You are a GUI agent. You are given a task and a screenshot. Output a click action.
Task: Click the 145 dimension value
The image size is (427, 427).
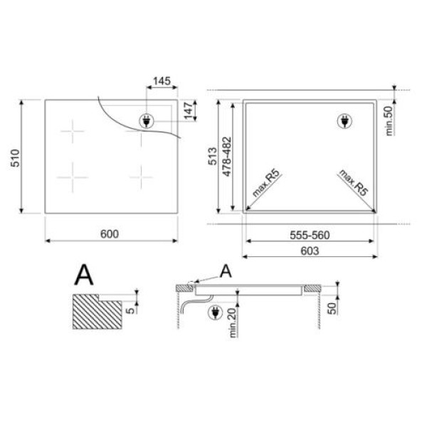(162, 81)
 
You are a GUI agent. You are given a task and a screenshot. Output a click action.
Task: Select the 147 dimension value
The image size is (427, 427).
(189, 110)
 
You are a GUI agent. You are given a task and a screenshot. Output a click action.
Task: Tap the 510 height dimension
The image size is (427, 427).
(15, 158)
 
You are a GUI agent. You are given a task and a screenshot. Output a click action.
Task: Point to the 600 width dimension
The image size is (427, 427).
(110, 234)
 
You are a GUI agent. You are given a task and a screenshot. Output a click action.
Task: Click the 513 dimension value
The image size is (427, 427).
(212, 157)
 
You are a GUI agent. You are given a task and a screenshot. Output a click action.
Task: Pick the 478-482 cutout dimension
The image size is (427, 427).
(226, 157)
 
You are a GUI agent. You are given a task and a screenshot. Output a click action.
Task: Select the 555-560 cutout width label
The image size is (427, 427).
(310, 235)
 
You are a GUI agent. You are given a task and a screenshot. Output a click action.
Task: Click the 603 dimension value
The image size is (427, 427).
(310, 251)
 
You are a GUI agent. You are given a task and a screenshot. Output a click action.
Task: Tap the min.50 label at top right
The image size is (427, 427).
(390, 121)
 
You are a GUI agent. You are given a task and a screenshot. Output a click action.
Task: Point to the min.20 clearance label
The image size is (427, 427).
(232, 323)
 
